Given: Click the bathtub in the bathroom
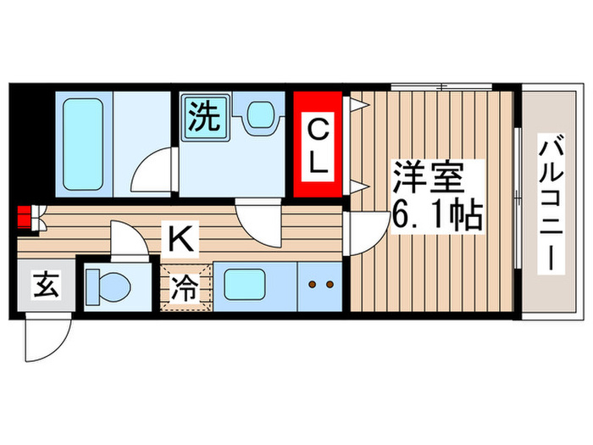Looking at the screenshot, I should (81, 142).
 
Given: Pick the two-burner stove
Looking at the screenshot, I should (319, 286).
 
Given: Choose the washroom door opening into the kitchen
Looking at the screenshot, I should (253, 224).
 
